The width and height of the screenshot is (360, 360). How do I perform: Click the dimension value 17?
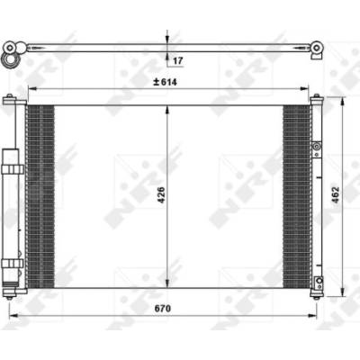pos(178,61)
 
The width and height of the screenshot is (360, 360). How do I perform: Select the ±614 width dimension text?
pos(165,82)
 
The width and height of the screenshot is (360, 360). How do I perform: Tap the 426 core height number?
pos(161,195)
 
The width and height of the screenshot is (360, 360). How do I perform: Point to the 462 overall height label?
pos(336,195)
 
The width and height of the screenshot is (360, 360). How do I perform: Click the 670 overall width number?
pos(163,309)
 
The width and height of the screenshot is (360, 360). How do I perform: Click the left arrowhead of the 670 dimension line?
pos(13,316)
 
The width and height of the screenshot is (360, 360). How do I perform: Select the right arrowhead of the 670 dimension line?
pos(312,316)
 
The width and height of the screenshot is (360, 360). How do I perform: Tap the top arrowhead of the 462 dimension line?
pos(342,102)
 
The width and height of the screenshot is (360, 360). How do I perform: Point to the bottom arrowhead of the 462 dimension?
pos(342,292)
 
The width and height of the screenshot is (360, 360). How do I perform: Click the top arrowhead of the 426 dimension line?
pos(167,110)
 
